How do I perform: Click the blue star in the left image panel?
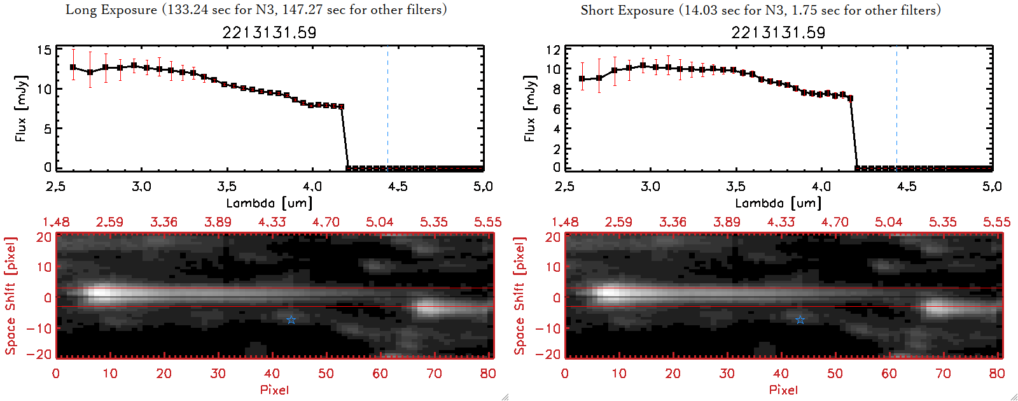(x=291, y=320)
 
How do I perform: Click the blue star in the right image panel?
(x=800, y=320)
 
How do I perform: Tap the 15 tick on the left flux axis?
(x=44, y=50)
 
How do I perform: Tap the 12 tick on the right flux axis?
(x=553, y=50)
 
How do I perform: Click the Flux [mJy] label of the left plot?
(x=21, y=108)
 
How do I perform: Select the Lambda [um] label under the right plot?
(x=778, y=203)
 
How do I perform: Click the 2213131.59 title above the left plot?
(x=269, y=32)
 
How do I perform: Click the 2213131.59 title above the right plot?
(x=778, y=32)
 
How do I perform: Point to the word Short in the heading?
(x=597, y=10)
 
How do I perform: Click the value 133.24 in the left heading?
(x=187, y=10)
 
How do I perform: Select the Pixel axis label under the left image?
(x=274, y=390)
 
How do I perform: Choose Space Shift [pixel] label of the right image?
(x=520, y=295)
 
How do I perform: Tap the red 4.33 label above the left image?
(x=272, y=222)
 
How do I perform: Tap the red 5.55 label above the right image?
(x=996, y=222)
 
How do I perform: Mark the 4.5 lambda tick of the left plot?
(x=398, y=186)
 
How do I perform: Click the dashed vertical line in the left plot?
(x=387, y=108)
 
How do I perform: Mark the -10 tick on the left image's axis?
(x=40, y=328)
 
